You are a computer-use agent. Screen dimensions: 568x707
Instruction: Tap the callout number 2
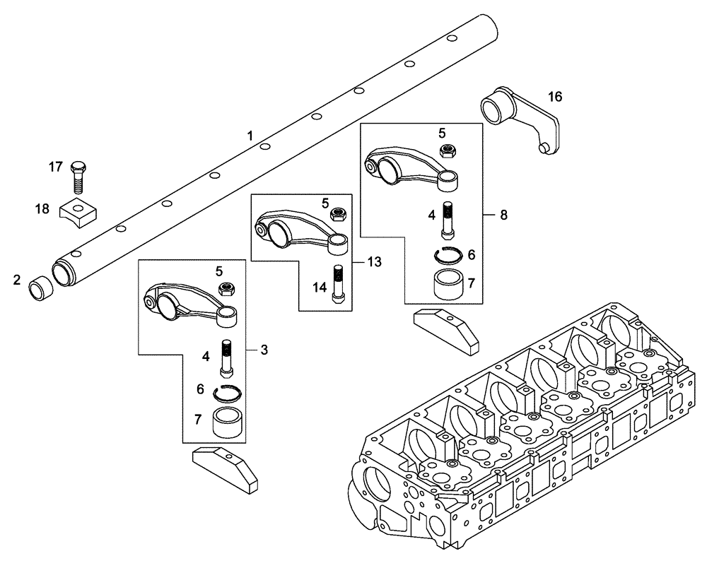click(x=16, y=281)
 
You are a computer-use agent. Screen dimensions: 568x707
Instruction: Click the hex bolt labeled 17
click(x=78, y=177)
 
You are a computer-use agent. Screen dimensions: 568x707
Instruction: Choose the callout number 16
click(x=555, y=97)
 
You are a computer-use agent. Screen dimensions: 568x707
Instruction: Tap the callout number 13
click(x=374, y=261)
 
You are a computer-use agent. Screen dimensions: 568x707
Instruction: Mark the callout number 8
click(x=503, y=215)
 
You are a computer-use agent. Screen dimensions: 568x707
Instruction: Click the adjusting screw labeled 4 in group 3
click(x=227, y=358)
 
